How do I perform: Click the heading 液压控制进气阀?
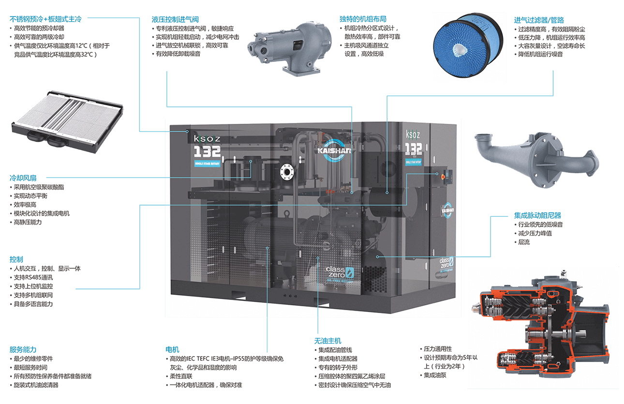coord(175,19)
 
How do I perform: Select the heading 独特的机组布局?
coord(363,19)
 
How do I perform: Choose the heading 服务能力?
coord(23,349)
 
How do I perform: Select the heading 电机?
coord(172,349)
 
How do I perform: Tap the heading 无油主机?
coord(327,341)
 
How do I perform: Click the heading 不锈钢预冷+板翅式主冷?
coord(45,19)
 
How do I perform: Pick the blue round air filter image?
coord(462,47)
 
